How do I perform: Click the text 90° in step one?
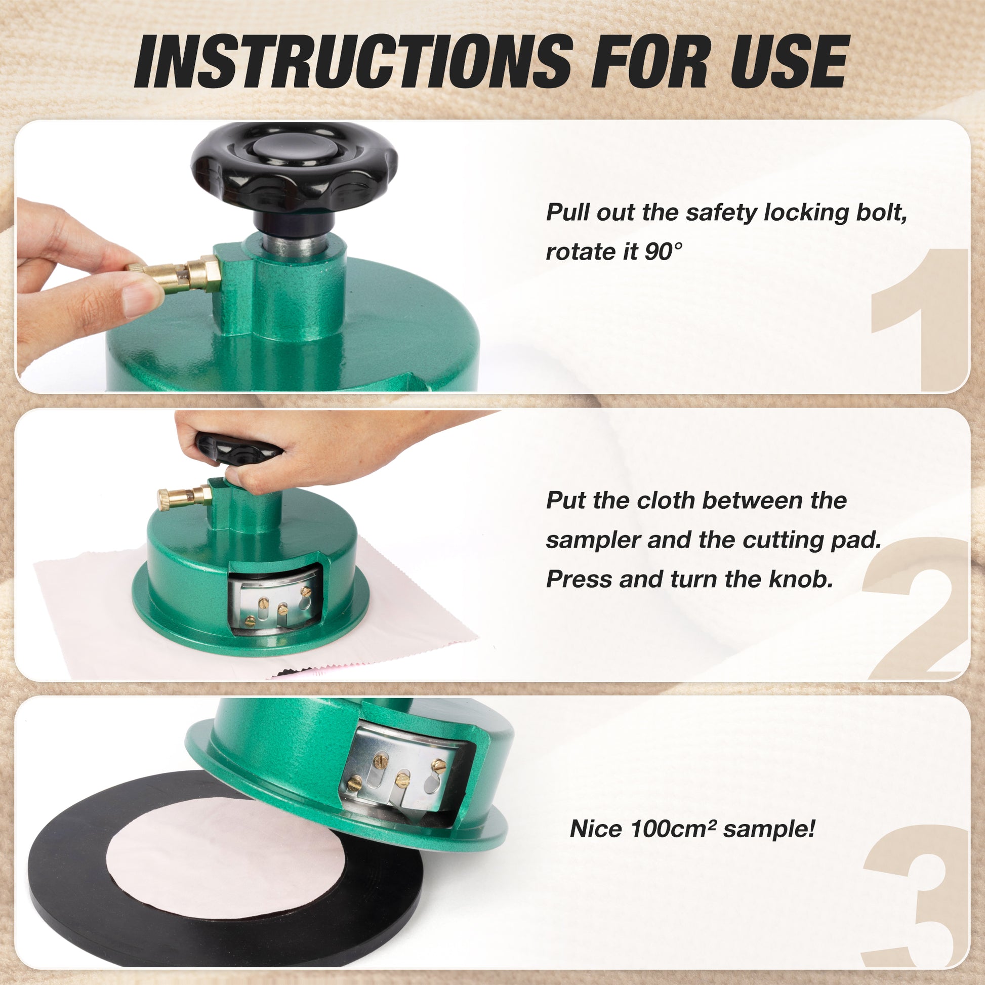coord(662,252)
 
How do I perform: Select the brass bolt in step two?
coord(185,498)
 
